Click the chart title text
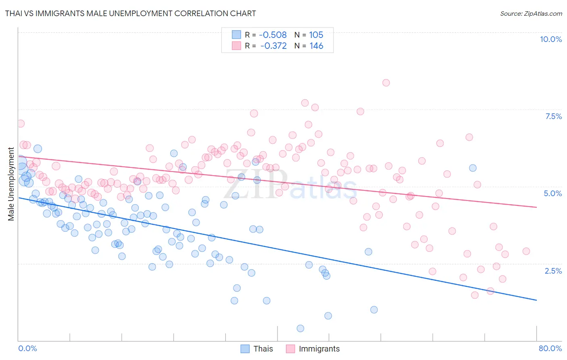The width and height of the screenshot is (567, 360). click(x=130, y=13)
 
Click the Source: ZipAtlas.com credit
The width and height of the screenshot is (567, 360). click(x=531, y=13)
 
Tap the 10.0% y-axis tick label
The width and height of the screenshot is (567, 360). click(x=550, y=39)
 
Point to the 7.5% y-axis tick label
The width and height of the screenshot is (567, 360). click(x=553, y=116)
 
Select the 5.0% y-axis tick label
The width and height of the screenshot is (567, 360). click(x=552, y=193)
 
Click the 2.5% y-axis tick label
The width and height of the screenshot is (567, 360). click(x=553, y=271)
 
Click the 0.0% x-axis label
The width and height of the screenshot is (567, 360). click(x=27, y=348)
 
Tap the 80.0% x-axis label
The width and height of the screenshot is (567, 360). click(x=550, y=348)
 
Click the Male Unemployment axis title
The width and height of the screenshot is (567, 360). click(x=11, y=184)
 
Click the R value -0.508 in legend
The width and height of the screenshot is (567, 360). click(x=273, y=35)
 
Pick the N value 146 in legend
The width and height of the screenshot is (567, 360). click(x=316, y=46)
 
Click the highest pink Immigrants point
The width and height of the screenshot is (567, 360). click(x=386, y=83)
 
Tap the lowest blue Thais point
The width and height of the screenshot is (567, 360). click(x=300, y=329)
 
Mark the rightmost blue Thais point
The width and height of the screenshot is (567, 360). click(x=473, y=168)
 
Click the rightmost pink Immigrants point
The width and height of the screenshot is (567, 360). click(x=526, y=251)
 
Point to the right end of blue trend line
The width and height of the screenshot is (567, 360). click(x=536, y=300)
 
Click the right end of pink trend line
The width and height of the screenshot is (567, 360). click(x=536, y=207)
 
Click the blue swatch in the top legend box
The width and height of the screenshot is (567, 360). click(x=236, y=35)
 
